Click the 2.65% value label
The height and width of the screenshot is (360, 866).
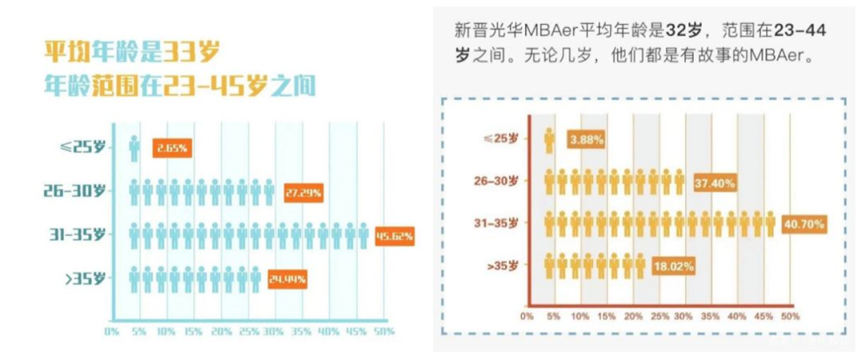click(x=172, y=149)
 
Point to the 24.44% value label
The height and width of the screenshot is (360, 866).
click(x=287, y=280)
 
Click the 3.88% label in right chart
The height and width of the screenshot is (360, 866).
click(x=586, y=140)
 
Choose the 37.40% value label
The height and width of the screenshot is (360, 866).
click(x=714, y=184)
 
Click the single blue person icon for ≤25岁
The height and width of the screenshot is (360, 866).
click(x=134, y=149)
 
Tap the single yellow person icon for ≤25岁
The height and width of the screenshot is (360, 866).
click(x=549, y=140)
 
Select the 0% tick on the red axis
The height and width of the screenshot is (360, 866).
click(x=526, y=317)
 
